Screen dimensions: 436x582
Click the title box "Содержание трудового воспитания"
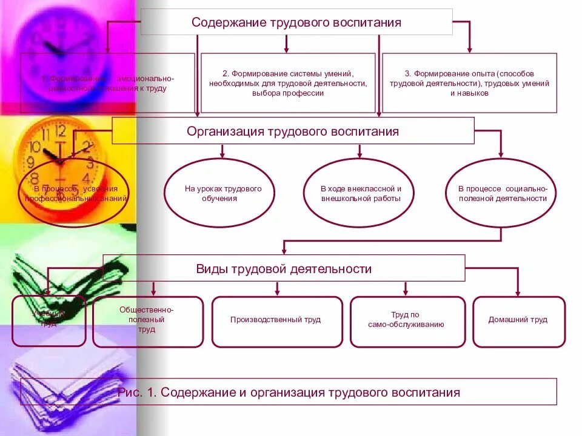point(296,22)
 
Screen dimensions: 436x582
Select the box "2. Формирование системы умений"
point(287,83)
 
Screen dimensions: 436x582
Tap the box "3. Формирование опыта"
point(469,83)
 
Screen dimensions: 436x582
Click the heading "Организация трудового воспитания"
point(293,131)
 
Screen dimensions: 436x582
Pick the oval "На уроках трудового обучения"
point(223,193)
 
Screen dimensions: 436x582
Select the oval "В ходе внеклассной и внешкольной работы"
point(361,193)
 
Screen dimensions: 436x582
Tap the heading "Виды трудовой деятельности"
point(284,268)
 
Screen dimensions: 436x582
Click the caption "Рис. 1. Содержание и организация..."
point(289,392)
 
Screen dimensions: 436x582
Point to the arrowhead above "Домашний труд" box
point(518,292)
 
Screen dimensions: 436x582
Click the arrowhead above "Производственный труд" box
point(277,292)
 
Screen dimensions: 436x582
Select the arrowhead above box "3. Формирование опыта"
point(470,49)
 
